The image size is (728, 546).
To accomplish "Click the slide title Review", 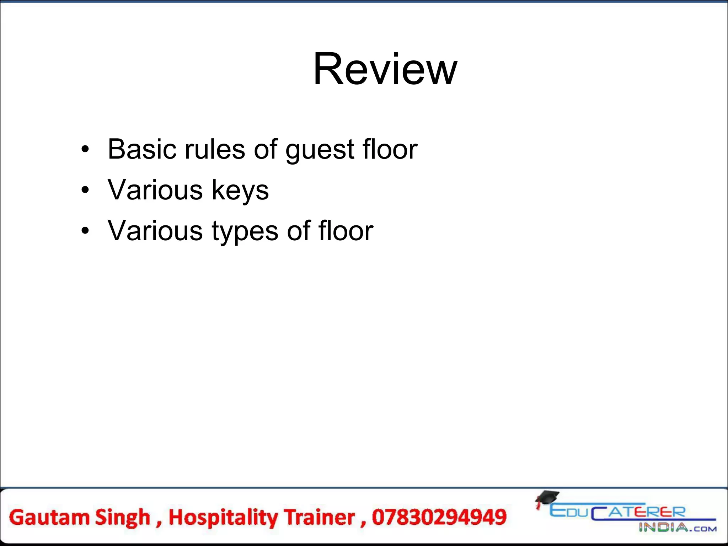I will [x=385, y=69].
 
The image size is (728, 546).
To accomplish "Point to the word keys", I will [x=240, y=190].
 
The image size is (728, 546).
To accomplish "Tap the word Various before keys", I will [x=155, y=190].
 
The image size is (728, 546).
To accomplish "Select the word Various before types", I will [x=155, y=231].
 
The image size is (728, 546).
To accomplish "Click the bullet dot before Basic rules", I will [x=85, y=149].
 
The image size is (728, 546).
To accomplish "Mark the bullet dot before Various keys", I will [x=85, y=190].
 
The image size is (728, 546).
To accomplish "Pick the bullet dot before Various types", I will [x=85, y=231].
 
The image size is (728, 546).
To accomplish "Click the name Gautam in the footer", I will [x=49, y=517].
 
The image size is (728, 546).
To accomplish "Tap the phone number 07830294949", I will [x=439, y=517].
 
